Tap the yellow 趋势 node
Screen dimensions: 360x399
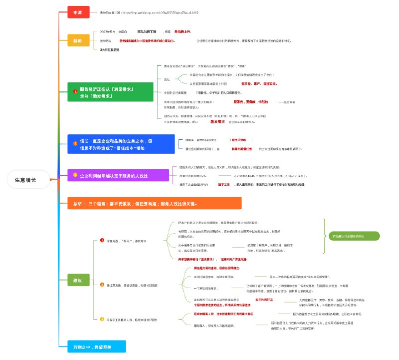pyautogui.click(x=78, y=40)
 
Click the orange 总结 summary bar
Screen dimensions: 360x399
pyautogui.click(x=155, y=203)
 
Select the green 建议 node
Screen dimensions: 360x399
pyautogui.click(x=78, y=281)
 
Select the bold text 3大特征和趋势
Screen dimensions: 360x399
pyautogui.click(x=110, y=50)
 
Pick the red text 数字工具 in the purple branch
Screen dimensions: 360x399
pyautogui.click(x=227, y=184)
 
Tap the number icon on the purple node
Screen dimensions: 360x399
pyautogui.click(x=75, y=175)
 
